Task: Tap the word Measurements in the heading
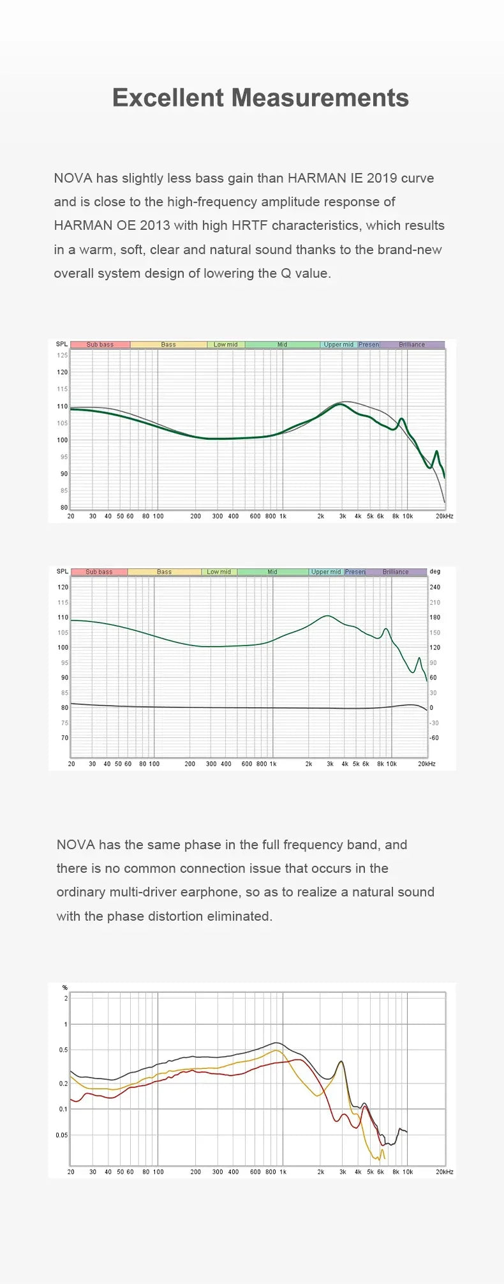coord(320,98)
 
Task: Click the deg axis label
coord(435,571)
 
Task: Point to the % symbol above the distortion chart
coord(64,988)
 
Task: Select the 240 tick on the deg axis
coord(435,587)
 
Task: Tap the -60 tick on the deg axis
coord(434,737)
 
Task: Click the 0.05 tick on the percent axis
coord(61,1135)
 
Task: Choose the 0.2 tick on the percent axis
coord(63,1084)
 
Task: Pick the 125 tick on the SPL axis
coord(62,355)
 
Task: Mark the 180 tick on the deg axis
coord(435,617)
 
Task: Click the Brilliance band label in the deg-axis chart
coord(396,572)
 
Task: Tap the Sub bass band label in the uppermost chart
coord(100,345)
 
